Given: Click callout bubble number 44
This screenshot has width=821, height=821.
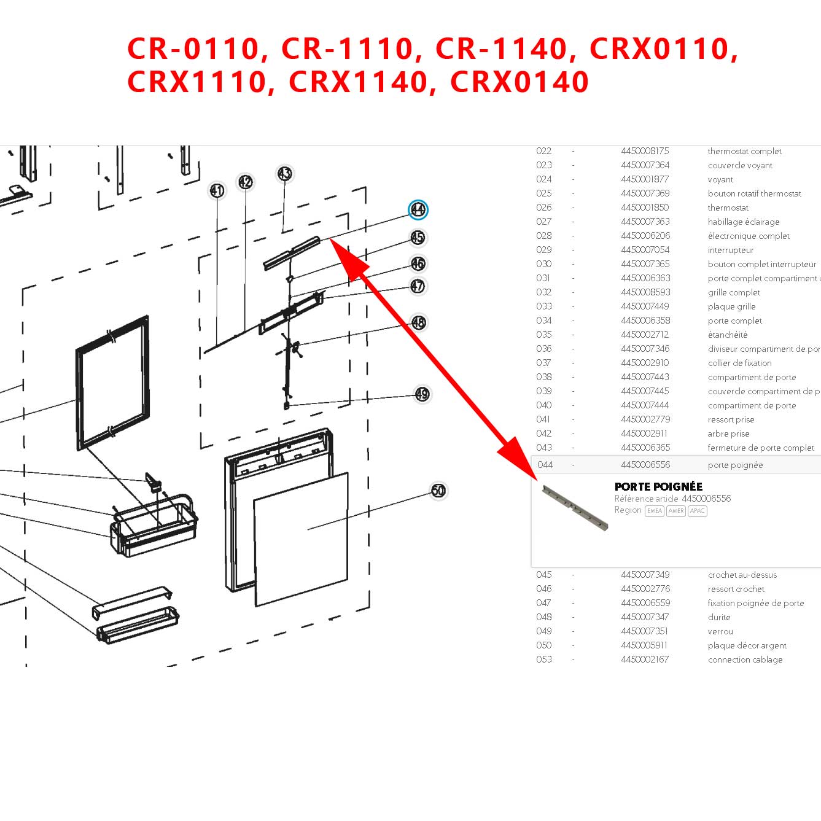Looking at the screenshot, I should click(x=418, y=210).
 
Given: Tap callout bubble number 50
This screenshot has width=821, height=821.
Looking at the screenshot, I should click(x=438, y=491).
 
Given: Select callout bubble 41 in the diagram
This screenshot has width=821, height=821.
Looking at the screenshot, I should click(x=217, y=190).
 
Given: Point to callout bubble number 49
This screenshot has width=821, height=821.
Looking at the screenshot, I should click(x=422, y=394).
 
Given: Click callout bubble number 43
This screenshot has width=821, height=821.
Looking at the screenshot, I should click(x=284, y=174).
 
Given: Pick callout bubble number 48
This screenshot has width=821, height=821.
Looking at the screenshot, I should click(x=419, y=322).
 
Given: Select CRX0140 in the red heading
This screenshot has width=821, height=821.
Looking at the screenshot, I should click(x=519, y=82).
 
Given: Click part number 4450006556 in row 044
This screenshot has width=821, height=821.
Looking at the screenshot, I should click(x=645, y=465).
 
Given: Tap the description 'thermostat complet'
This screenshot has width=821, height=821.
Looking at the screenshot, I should click(x=744, y=151).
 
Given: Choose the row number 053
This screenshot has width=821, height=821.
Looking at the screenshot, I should click(x=544, y=660).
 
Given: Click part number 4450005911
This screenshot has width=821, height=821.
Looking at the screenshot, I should click(x=644, y=645).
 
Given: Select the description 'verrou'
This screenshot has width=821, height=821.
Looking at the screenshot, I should click(x=720, y=631).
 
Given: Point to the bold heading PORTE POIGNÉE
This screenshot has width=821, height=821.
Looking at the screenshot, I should click(x=658, y=486).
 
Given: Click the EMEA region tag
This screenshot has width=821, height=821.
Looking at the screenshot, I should click(x=655, y=511).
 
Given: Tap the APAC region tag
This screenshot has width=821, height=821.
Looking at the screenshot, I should click(x=698, y=511).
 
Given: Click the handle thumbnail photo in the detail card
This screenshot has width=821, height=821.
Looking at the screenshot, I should click(x=575, y=508).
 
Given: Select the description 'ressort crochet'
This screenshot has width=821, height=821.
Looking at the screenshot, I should click(x=736, y=589).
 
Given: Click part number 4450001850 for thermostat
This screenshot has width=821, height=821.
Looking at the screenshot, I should click(x=645, y=208).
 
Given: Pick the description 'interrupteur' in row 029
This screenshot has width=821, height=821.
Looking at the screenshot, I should click(x=730, y=250).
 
